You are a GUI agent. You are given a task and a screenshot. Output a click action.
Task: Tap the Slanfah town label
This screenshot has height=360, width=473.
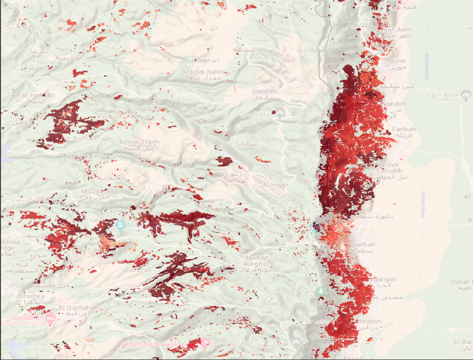tap(264, 91)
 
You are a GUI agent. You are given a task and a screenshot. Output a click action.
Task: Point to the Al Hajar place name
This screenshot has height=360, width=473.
tap(275, 185)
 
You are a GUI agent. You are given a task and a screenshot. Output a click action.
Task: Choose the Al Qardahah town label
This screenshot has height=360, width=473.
tap(75, 307)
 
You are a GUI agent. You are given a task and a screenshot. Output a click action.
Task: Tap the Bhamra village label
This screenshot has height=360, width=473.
tap(28, 295)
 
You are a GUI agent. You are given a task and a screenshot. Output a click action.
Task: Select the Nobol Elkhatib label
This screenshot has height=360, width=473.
tap(388, 168)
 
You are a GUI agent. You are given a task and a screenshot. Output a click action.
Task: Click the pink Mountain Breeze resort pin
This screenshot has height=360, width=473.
tap(205, 343)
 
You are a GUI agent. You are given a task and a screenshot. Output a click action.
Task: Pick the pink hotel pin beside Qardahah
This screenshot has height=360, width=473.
tap(50, 319)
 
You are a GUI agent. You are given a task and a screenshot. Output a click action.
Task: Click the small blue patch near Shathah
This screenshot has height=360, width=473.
tap(316, 227)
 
